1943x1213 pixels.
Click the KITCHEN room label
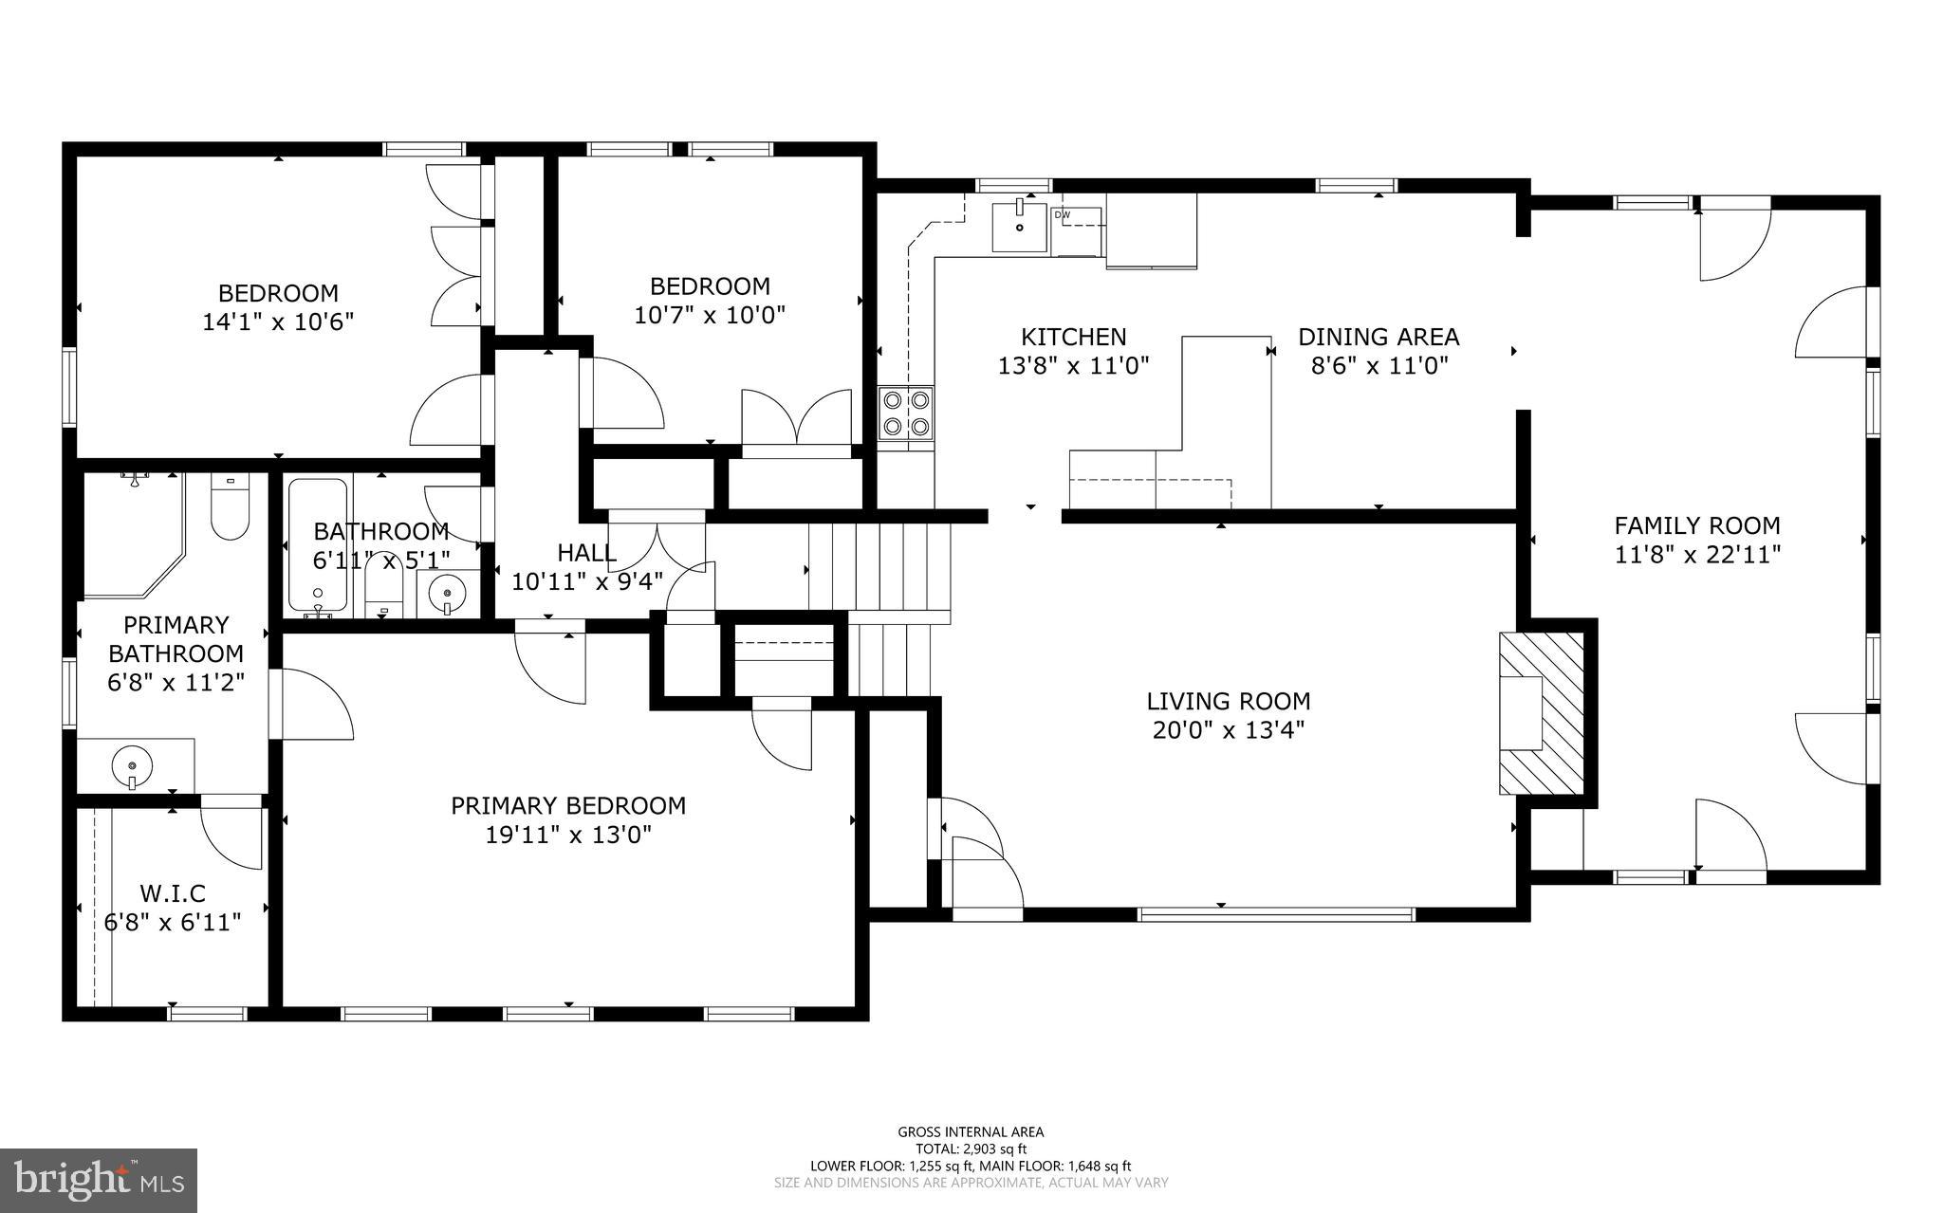[x=1073, y=337]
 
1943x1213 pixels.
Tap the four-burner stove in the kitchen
[x=905, y=414]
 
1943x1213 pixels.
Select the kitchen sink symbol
[x=1019, y=227]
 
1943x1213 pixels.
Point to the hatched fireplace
[x=1541, y=713]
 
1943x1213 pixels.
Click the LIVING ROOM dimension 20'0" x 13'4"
[x=1228, y=731]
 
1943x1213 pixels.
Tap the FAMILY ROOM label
[x=1696, y=525]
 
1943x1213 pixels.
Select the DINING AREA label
[x=1378, y=337]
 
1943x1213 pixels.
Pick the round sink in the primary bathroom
[x=131, y=764]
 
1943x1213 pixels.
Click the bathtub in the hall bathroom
[x=318, y=546]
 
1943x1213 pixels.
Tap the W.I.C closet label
[x=172, y=893]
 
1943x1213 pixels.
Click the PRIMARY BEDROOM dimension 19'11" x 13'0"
[x=567, y=836]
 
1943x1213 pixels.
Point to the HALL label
[x=586, y=552]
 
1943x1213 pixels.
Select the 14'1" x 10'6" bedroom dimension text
[x=277, y=322]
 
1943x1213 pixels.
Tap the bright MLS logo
[x=99, y=1180]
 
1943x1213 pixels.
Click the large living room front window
[x=1275, y=914]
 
